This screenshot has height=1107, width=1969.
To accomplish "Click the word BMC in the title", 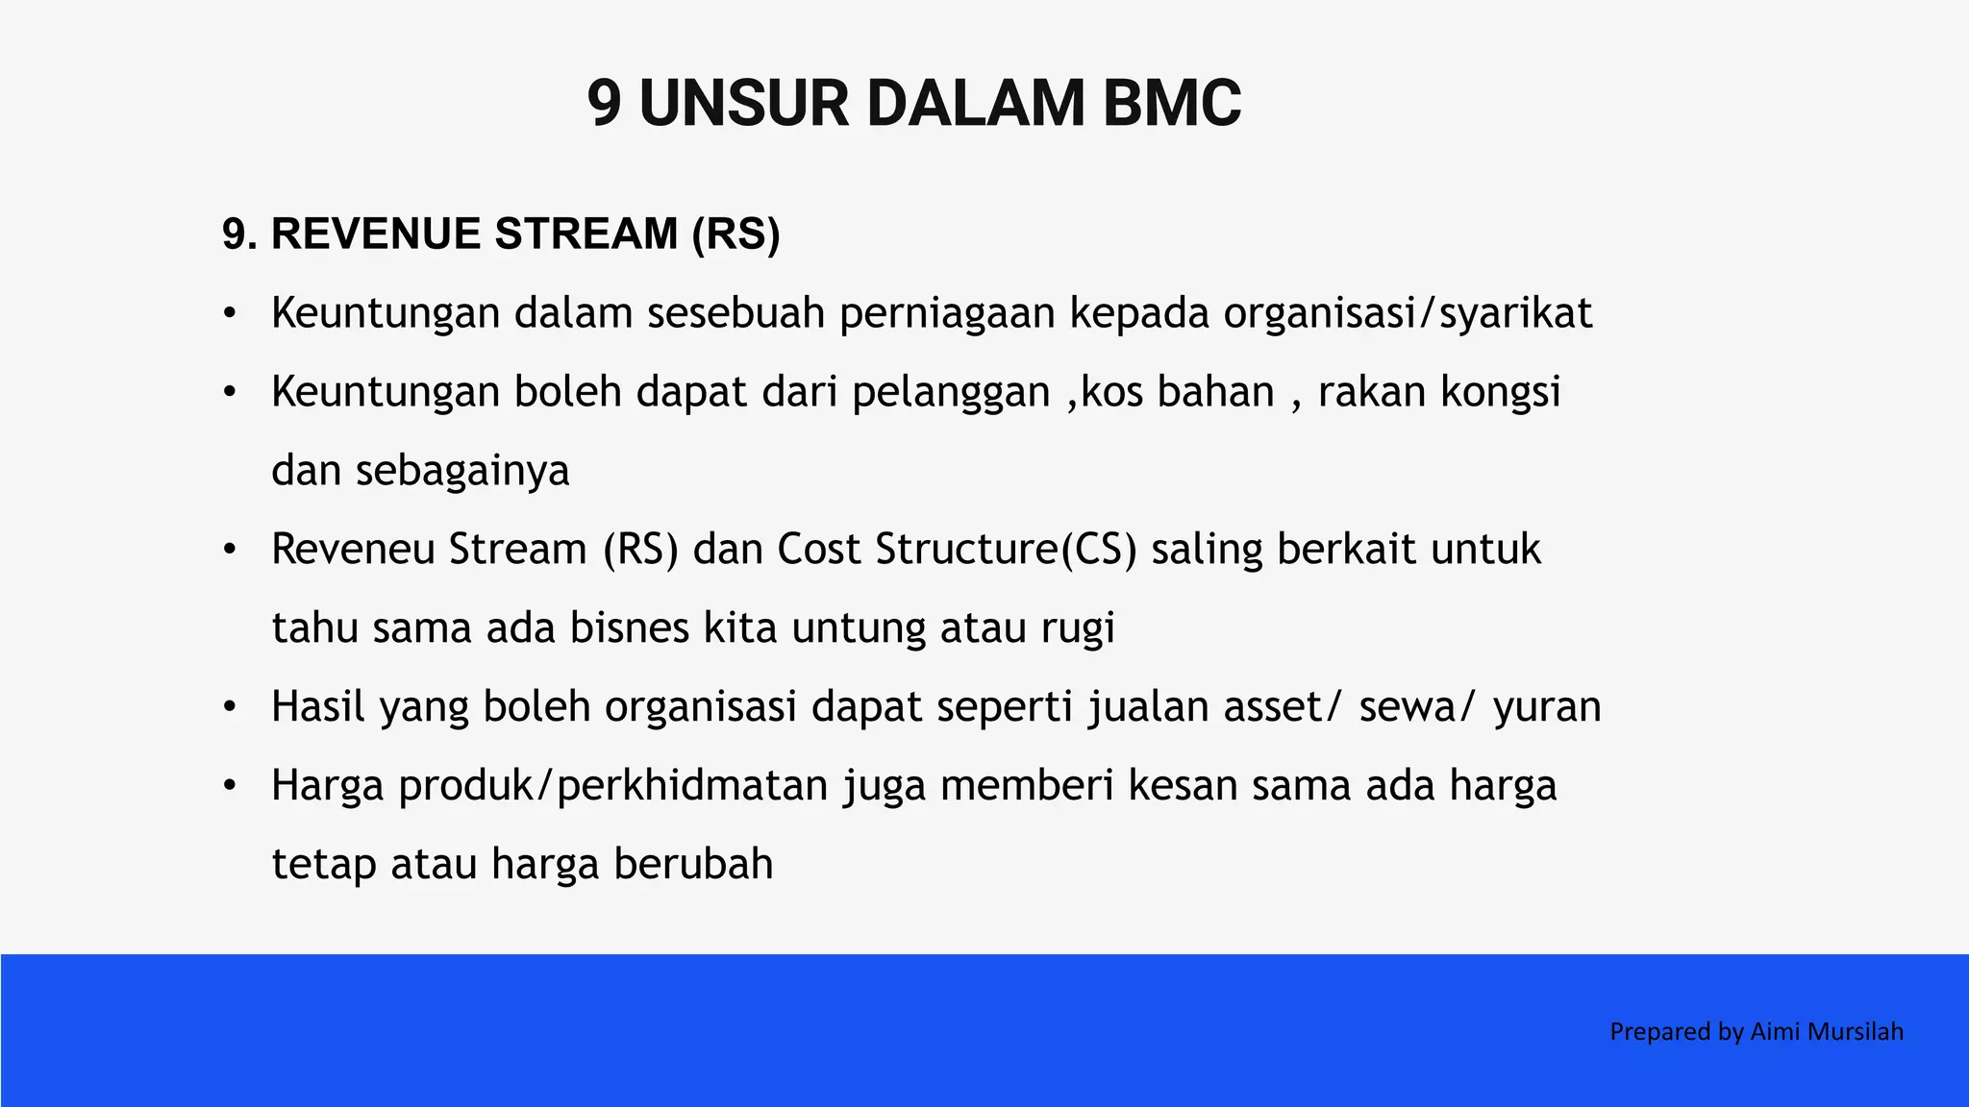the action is pyautogui.click(x=1171, y=104).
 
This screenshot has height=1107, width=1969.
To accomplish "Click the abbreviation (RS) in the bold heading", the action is pyautogui.click(x=735, y=234).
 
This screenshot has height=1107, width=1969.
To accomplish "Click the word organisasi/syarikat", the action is pyautogui.click(x=1408, y=314).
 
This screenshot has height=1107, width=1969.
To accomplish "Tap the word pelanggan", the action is pyautogui.click(x=950, y=393).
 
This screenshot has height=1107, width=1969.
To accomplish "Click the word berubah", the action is pyautogui.click(x=693, y=864).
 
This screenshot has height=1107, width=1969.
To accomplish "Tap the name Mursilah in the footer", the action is pyautogui.click(x=1856, y=1032).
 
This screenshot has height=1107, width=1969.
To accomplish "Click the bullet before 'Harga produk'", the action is pyautogui.click(x=229, y=786).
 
